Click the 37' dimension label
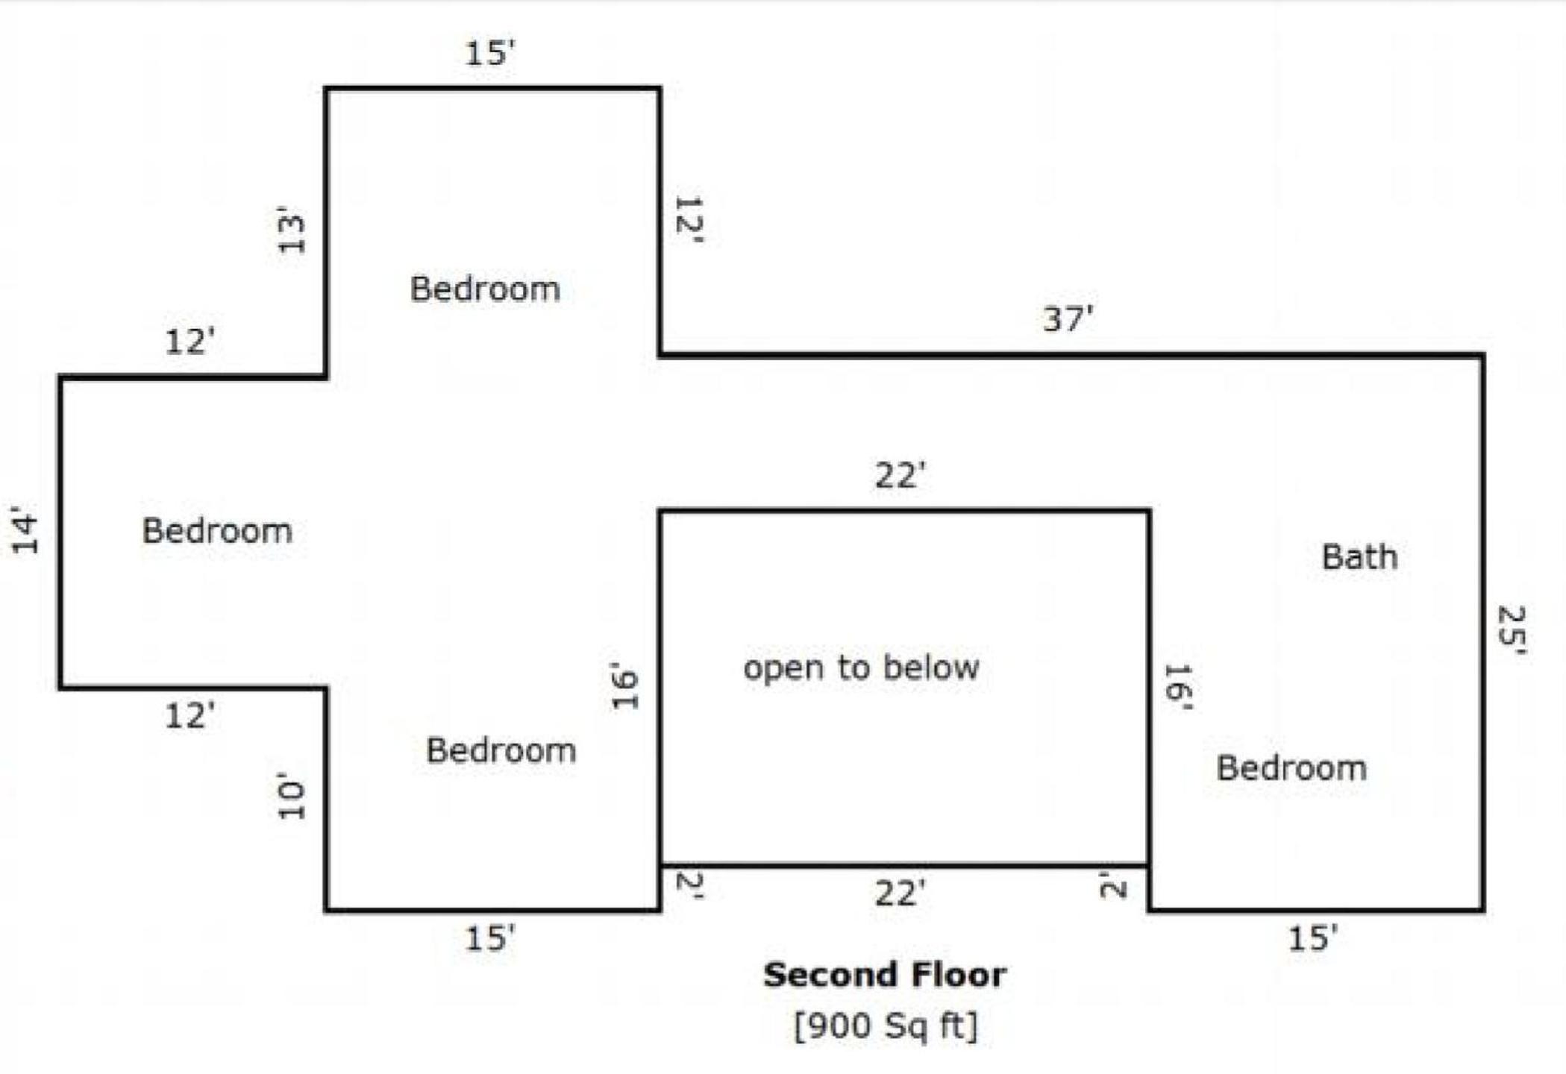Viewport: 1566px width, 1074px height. point(1068,318)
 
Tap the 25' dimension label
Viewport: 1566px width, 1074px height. point(1512,630)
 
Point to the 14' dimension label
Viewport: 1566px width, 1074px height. point(25,530)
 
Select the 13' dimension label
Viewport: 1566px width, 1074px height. point(291,230)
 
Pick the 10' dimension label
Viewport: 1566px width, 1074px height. point(291,796)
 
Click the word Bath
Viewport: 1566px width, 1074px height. point(1359,557)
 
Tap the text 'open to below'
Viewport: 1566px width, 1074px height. point(861,668)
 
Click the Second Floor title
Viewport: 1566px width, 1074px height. point(885,975)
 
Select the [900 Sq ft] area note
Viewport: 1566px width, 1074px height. point(886,1026)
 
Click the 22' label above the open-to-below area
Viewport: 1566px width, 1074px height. point(901,475)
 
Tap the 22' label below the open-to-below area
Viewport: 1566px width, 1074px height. point(901,893)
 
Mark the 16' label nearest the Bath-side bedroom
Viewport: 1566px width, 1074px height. point(1177,687)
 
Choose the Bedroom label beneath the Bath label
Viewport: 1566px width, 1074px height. point(1291,768)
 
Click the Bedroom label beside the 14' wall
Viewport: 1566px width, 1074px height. point(217,531)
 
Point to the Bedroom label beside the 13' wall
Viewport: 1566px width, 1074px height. point(485,289)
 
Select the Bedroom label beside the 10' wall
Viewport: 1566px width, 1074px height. point(501,750)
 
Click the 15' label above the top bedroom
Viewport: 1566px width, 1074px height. point(490,53)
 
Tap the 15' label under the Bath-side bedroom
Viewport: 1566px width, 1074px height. point(1313,938)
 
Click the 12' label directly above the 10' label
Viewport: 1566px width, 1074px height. point(190,715)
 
